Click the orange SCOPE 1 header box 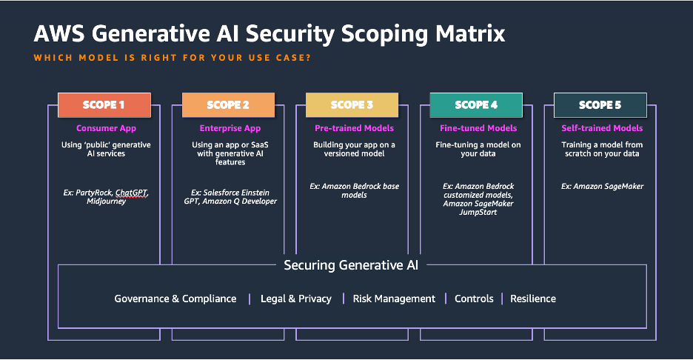104,105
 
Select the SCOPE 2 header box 228,105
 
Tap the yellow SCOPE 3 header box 352,105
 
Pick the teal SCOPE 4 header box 477,105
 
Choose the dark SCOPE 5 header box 600,105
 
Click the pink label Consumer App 106,129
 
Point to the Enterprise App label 230,129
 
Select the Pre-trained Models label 354,129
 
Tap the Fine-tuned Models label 478,129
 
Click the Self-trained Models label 602,129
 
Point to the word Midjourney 106,201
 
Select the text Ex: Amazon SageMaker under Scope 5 602,186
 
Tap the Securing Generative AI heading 351,264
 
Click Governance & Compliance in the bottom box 175,299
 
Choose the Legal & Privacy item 295,299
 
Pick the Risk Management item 394,299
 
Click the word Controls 474,299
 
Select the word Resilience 532,299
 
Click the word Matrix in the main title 464,34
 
